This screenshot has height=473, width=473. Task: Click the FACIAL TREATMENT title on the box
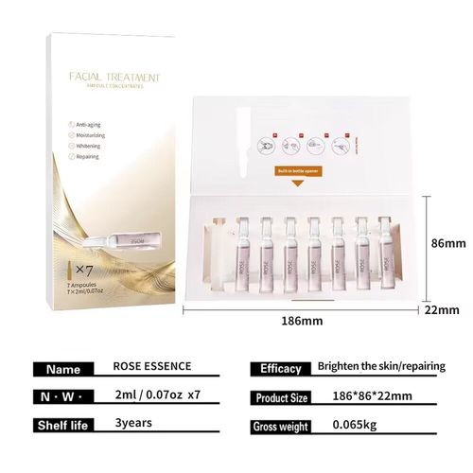point(114,77)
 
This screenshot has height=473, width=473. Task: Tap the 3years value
point(131,424)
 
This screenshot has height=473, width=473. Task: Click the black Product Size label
point(280,397)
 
